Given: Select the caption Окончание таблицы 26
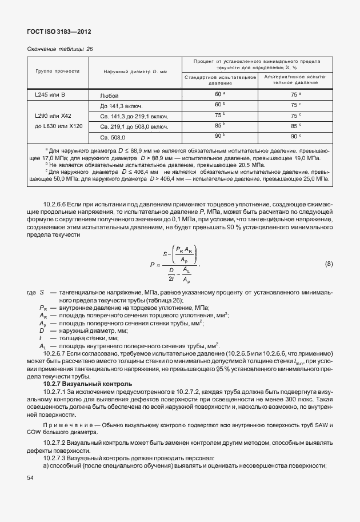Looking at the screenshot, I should (60, 49).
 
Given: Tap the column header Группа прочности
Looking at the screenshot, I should (56, 71).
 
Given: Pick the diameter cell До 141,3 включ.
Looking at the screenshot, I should (121, 106).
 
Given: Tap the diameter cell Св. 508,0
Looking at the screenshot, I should (114, 137).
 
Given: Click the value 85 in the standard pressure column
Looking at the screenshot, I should (218, 126).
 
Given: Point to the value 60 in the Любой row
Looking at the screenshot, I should (218, 94).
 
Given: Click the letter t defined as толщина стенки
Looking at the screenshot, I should (42, 338).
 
